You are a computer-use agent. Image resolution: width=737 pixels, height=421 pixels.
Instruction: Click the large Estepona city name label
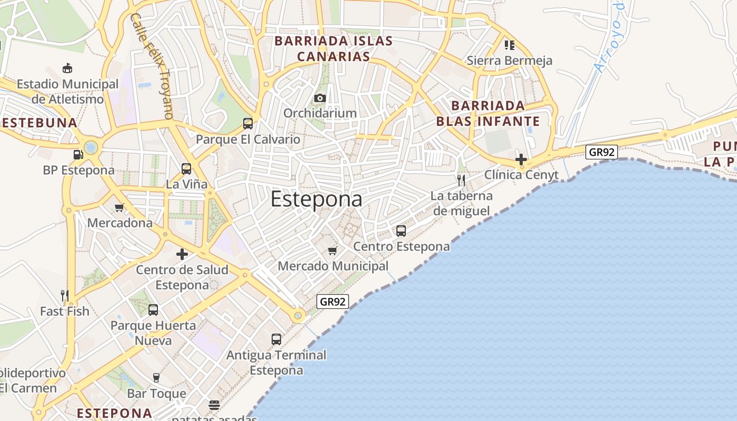(316, 199)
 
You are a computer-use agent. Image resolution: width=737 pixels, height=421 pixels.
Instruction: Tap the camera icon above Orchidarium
(320, 98)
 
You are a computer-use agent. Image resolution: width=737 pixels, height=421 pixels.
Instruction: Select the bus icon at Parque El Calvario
(248, 124)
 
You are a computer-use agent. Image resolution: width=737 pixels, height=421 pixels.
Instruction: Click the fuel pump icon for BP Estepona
(78, 155)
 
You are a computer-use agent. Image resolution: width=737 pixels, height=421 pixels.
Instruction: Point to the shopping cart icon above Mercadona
(119, 207)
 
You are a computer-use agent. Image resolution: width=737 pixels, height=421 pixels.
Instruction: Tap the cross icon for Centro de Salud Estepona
(182, 254)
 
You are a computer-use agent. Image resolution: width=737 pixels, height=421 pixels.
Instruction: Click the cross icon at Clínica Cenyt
(521, 159)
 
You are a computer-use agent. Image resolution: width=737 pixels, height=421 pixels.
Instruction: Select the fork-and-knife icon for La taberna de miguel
(461, 181)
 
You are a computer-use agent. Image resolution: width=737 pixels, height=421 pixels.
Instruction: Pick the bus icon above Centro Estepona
(401, 230)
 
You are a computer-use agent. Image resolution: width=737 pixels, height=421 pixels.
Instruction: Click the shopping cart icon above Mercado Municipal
(333, 250)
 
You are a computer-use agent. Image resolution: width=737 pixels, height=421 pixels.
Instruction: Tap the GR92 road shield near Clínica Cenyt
(602, 152)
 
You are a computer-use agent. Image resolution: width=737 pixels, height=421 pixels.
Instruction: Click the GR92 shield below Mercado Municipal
(333, 302)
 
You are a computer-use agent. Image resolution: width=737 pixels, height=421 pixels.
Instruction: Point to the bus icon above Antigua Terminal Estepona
(276, 339)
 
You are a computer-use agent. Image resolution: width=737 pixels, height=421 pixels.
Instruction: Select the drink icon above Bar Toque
(156, 377)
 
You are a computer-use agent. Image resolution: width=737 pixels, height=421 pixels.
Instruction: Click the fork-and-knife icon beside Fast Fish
(65, 295)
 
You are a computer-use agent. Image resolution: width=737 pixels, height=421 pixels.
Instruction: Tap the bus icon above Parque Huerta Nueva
(153, 310)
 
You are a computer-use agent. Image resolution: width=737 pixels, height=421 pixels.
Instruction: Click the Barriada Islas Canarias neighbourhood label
(334, 48)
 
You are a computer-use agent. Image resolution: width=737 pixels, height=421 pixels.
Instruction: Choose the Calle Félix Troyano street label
(152, 65)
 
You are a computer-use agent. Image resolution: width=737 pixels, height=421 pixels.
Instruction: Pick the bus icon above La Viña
(186, 169)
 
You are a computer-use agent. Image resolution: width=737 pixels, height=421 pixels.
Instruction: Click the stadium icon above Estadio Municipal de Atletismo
(67, 68)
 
